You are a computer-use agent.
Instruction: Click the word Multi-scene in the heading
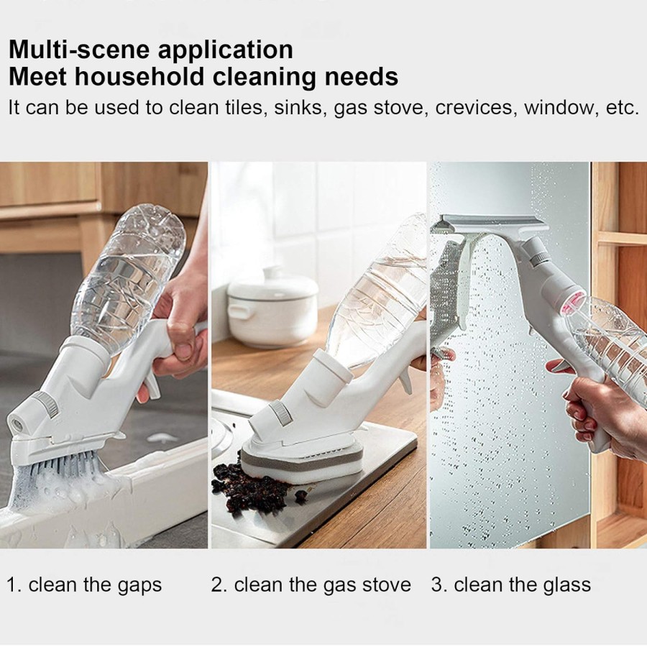[79, 50]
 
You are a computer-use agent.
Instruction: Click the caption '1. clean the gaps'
[84, 585]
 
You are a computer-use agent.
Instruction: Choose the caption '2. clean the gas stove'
[311, 585]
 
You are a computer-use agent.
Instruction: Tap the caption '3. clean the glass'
[511, 585]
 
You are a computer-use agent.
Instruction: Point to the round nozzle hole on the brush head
[17, 423]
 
